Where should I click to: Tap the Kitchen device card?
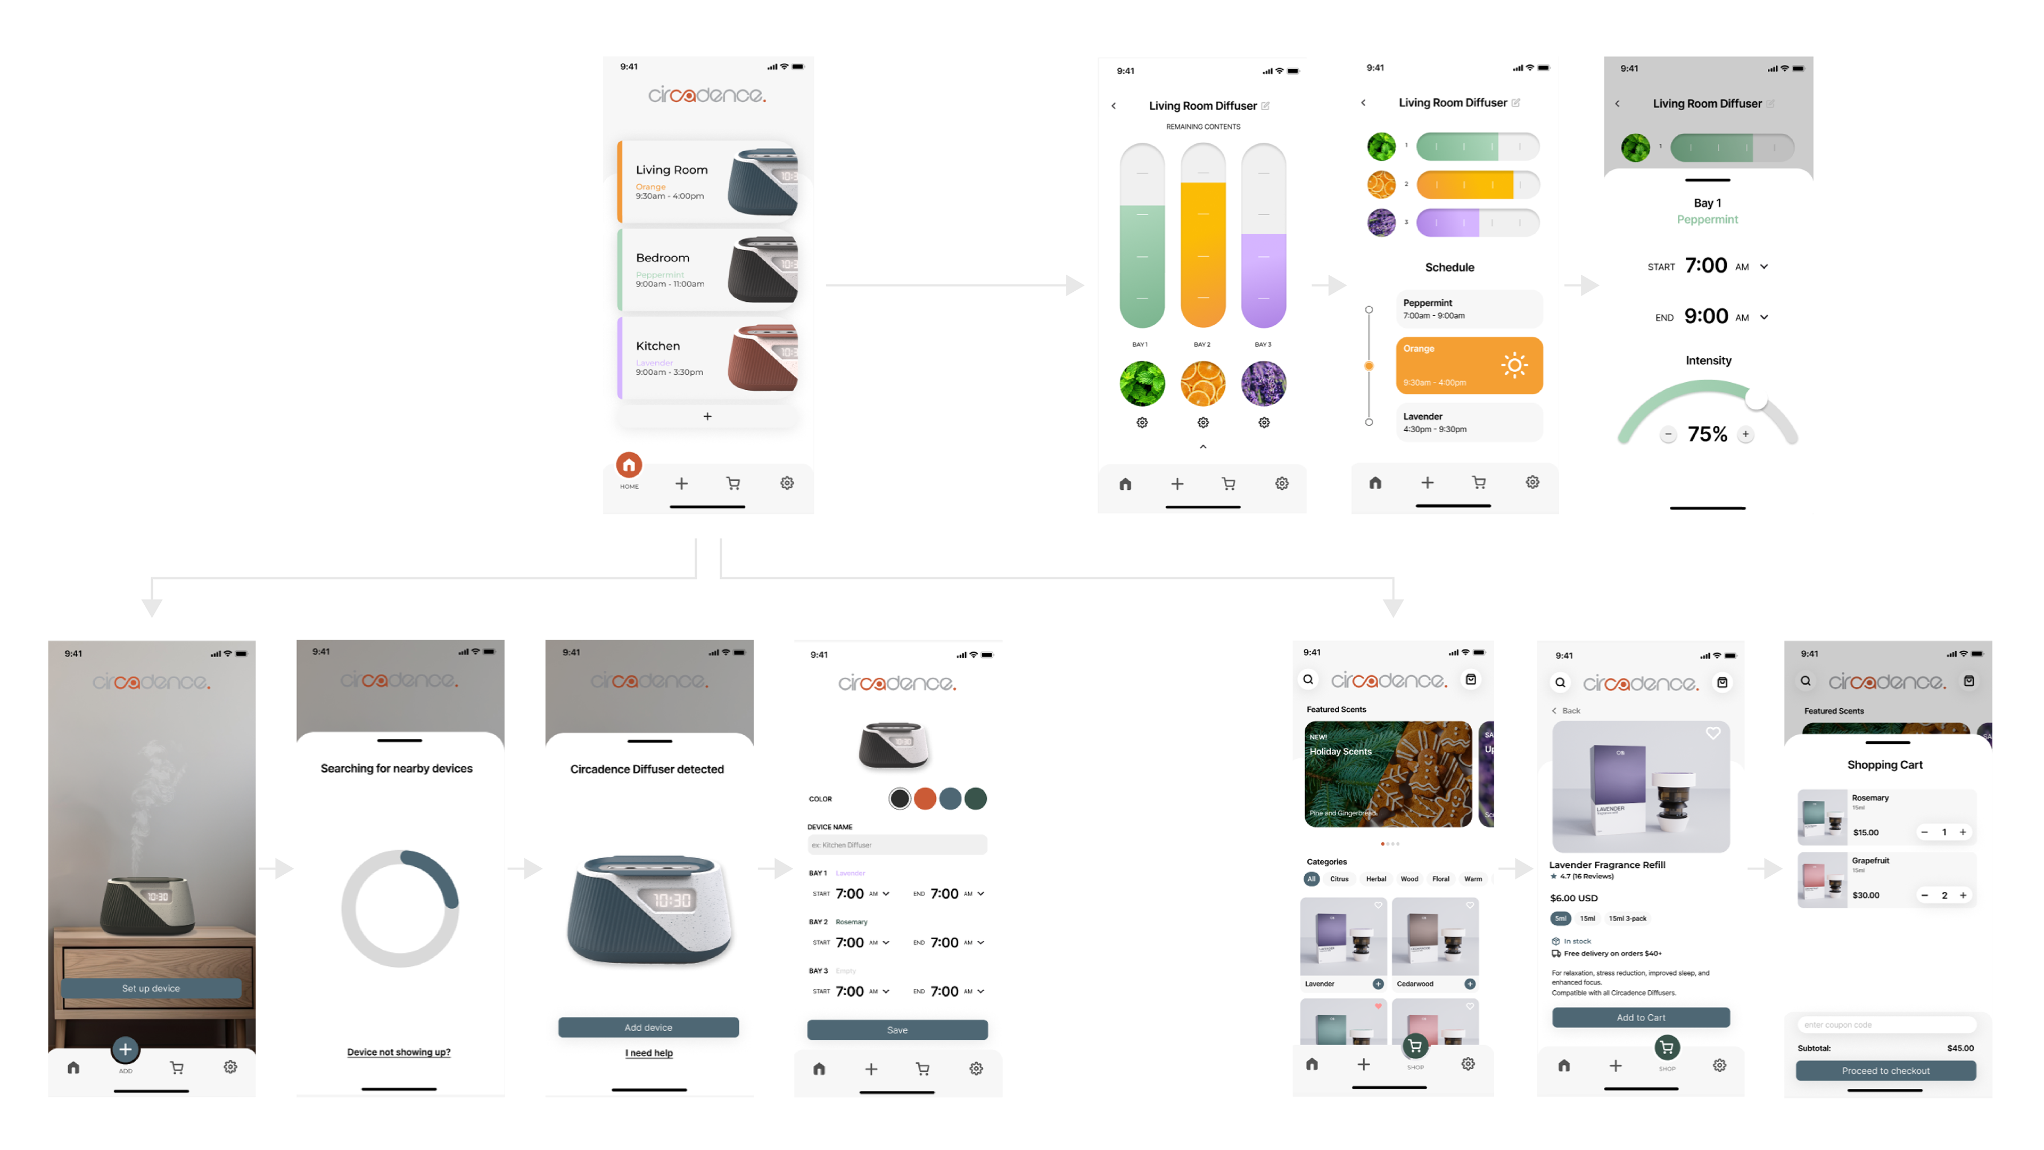pos(707,358)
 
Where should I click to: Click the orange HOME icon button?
pos(629,465)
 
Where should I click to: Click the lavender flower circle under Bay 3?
pos(1263,384)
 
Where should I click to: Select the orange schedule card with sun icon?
pos(1469,366)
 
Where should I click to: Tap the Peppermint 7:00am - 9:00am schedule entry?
pos(1469,309)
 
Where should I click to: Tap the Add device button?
pos(648,1028)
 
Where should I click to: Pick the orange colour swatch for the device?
pos(925,799)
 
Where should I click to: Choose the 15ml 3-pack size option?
pos(1627,919)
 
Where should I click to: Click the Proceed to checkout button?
pos(1885,1071)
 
